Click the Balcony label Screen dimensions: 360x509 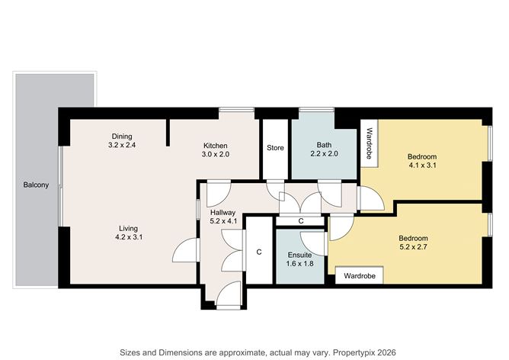pos(36,185)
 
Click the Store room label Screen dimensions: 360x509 pos(274,148)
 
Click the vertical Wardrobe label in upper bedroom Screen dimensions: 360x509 pos(369,142)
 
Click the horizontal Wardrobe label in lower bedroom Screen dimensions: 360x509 pos(359,275)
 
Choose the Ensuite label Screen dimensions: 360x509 pos(299,254)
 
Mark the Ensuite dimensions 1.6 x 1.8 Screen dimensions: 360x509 pos(299,264)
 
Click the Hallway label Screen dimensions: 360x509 pos(223,213)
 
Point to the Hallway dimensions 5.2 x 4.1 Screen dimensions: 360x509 pos(223,222)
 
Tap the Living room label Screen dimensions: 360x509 pos(127,227)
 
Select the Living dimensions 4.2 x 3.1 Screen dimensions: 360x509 pos(127,237)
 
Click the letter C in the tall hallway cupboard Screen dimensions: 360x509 pos(259,251)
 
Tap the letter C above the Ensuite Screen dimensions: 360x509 pos(301,221)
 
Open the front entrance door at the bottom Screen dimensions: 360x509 pos(228,294)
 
